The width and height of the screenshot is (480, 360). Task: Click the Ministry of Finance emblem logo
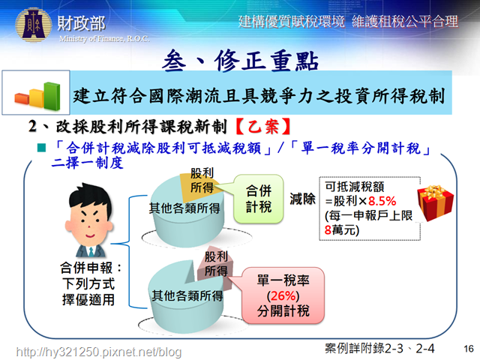tap(33, 25)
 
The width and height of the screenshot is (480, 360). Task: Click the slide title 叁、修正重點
tap(241, 61)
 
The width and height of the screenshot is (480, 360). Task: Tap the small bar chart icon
tap(37, 96)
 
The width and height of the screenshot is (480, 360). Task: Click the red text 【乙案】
tap(263, 127)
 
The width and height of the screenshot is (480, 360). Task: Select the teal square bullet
tap(41, 148)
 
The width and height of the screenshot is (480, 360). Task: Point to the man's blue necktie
tap(91, 252)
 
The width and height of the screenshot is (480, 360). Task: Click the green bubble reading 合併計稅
tap(258, 199)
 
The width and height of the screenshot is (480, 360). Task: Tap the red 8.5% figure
tap(382, 201)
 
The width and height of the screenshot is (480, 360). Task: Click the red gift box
tap(435, 202)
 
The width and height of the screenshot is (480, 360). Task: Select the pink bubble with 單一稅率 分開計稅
tap(283, 295)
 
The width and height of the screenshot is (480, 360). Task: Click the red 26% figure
tap(283, 295)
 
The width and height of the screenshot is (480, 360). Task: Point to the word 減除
tap(302, 199)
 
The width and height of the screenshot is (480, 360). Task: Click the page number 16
tap(468, 348)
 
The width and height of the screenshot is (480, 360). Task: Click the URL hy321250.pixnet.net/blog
tap(98, 352)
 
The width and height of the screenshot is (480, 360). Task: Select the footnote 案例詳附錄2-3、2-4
tap(379, 348)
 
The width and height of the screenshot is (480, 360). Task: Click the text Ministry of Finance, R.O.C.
tap(104, 39)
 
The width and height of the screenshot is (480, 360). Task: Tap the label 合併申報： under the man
tap(91, 268)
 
